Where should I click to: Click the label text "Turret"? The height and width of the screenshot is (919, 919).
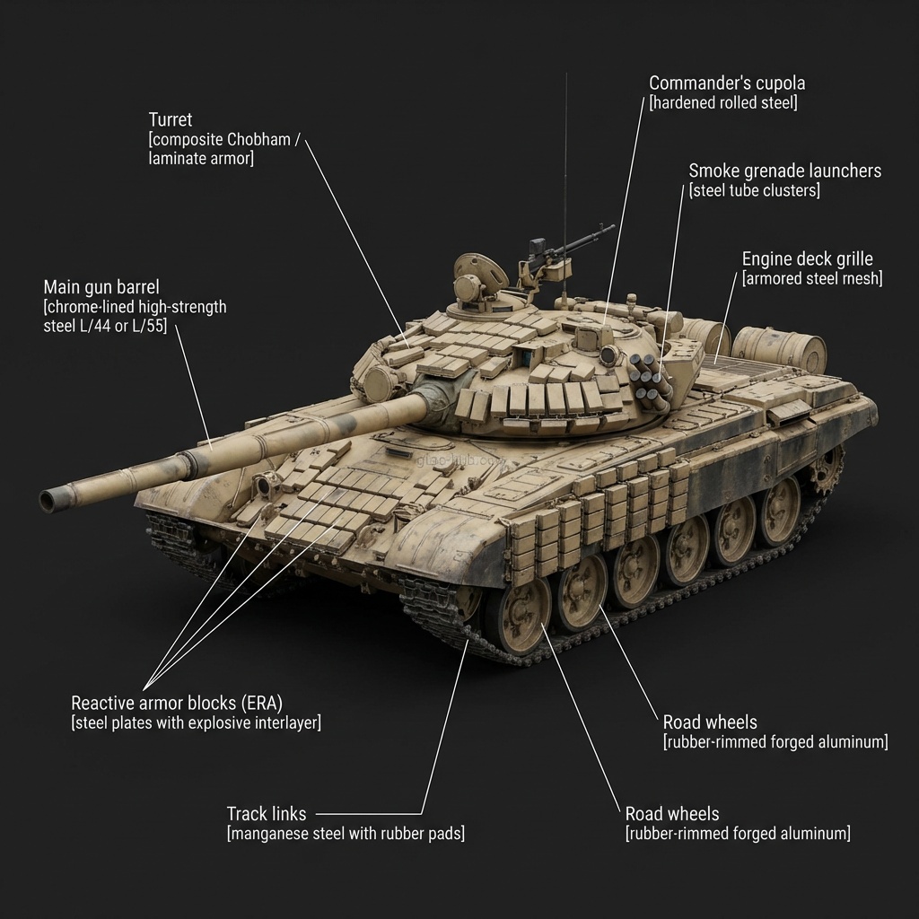tap(171, 119)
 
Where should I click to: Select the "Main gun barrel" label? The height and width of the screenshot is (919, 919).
tap(101, 287)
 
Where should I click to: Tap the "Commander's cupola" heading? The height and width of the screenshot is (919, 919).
tap(727, 83)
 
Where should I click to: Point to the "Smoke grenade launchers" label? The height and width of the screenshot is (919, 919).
tap(784, 171)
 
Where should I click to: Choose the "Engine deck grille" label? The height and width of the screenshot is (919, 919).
tap(807, 259)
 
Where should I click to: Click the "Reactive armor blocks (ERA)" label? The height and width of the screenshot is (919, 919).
tap(182, 703)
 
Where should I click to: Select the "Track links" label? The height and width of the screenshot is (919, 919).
tap(266, 814)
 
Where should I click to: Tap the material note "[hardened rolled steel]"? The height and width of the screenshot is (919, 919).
tap(722, 103)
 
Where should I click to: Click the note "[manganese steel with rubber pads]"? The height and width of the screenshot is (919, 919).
tap(346, 834)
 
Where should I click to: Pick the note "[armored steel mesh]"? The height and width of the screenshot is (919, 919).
tap(811, 279)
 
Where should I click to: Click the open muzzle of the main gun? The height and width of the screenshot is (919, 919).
tap(48, 500)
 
